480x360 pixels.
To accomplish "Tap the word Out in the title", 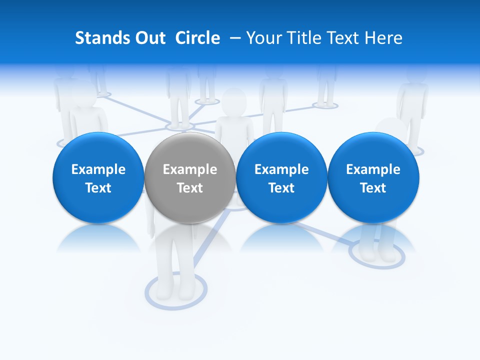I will tap(149, 38).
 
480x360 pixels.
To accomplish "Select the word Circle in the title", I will tap(197, 38).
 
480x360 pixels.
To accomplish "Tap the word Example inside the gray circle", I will tap(190, 169).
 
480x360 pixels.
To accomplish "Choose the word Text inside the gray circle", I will tap(190, 188).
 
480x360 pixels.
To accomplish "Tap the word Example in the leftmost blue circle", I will tap(98, 169).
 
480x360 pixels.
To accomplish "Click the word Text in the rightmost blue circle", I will tap(373, 188).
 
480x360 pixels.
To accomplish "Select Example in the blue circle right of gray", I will tap(281, 169).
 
